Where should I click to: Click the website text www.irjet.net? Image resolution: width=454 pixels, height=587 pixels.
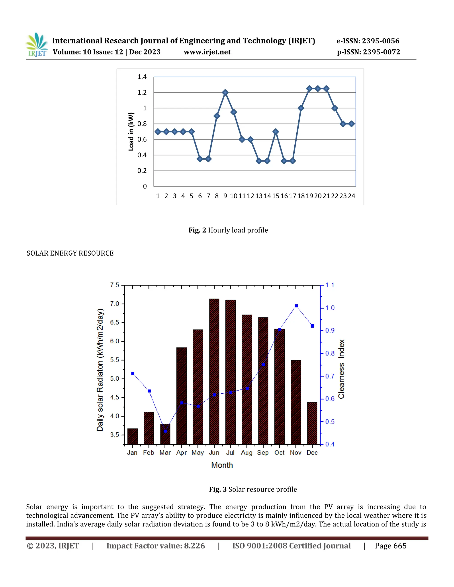pos(207,52)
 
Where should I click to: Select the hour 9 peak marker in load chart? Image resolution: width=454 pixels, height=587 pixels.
pos(225,92)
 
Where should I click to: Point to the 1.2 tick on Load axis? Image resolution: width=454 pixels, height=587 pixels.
pos(142,92)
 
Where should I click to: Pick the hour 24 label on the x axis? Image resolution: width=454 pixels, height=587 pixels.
pos(352,196)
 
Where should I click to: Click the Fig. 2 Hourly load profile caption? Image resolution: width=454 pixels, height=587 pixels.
pos(228,230)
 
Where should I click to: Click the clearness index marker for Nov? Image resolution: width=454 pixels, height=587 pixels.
pos(296,306)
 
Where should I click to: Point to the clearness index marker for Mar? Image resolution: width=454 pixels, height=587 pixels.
pos(165,431)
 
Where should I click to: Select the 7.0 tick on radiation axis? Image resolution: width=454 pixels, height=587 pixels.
pos(115,304)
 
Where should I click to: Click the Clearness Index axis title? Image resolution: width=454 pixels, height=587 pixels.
pos(341,369)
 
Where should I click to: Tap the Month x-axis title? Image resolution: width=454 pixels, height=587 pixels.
pos(222,465)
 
